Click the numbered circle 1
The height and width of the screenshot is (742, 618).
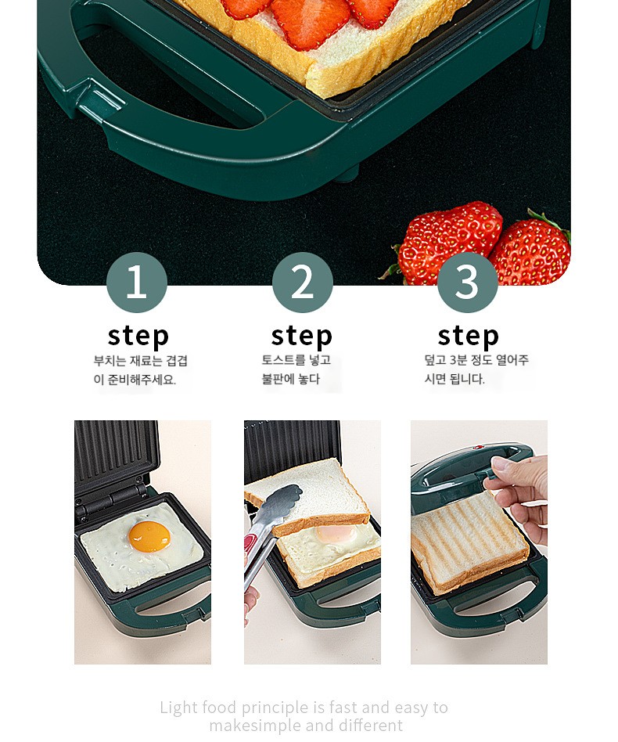[137, 282]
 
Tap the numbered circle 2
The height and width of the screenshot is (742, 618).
[302, 282]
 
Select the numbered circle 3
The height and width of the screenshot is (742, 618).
[467, 282]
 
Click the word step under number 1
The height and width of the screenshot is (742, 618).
[138, 337]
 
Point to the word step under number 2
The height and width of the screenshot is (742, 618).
[302, 337]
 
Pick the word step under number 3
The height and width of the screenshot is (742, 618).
[468, 337]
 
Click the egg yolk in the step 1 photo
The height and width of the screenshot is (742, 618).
[149, 536]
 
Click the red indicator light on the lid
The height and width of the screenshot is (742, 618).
[479, 447]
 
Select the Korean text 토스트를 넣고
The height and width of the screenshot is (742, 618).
[296, 360]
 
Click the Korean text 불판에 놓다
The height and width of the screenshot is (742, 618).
[291, 379]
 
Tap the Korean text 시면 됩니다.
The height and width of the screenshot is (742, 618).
[455, 379]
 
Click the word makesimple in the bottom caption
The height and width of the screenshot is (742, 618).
[255, 726]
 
